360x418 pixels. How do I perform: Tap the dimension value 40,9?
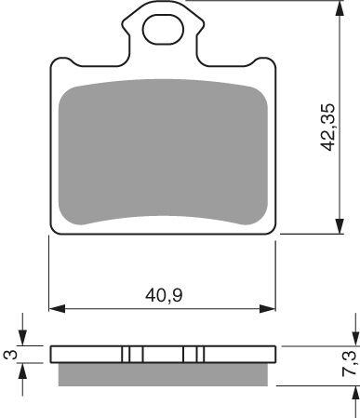[x=163, y=297]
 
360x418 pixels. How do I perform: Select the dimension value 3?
[x=9, y=354]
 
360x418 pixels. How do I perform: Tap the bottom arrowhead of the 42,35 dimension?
[x=335, y=228]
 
